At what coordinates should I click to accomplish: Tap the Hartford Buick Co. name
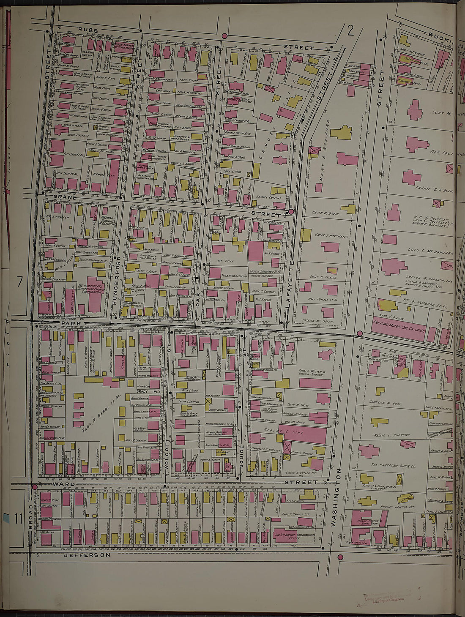tap(393, 465)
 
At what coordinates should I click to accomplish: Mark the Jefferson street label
tap(87, 555)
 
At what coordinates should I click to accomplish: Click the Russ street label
tap(88, 30)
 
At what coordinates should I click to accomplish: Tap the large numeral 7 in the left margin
tap(19, 281)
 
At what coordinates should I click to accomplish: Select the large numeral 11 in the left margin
tap(18, 518)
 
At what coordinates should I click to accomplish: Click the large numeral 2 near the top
tap(350, 30)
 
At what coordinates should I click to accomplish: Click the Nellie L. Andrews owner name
tap(391, 435)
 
